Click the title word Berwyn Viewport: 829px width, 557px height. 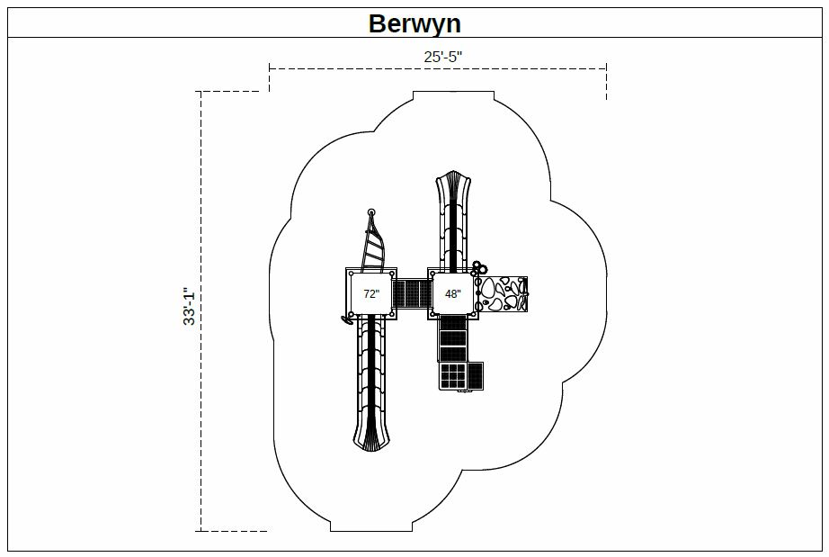tap(414, 23)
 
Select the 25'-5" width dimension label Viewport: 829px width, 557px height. tap(442, 57)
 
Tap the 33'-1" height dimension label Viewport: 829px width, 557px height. tap(190, 306)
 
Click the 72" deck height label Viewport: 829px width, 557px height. tap(371, 293)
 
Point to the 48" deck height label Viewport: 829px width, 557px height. tap(452, 293)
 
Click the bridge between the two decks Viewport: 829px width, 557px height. tap(413, 293)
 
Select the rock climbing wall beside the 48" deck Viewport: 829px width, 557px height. tap(503, 293)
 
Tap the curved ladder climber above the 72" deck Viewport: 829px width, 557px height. tap(374, 243)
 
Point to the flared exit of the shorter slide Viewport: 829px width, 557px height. tap(452, 183)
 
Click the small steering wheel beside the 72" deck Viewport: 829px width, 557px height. tap(348, 319)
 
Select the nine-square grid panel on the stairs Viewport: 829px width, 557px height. tap(452, 375)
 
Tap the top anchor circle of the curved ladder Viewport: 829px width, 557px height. tap(371, 212)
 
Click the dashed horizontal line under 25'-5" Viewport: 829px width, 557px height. tap(438, 68)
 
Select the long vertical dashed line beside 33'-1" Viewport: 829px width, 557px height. tap(201, 311)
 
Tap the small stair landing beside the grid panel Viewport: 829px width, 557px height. tap(475, 375)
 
